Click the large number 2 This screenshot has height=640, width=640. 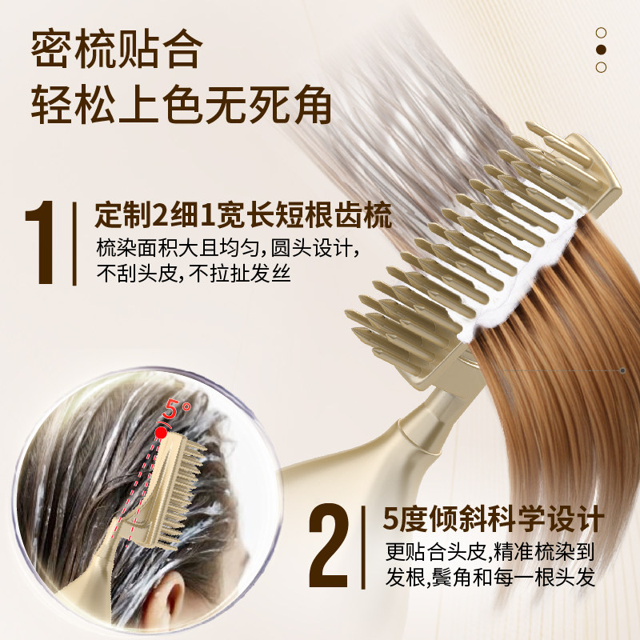[x=330, y=544]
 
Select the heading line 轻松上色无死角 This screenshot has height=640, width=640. [x=181, y=105]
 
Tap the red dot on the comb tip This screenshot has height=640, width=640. [x=162, y=432]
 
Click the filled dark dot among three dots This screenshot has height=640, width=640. [x=602, y=50]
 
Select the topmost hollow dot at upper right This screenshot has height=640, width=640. [x=602, y=33]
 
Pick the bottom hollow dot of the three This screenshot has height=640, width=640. [x=602, y=67]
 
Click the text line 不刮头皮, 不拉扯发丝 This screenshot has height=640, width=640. [x=193, y=274]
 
